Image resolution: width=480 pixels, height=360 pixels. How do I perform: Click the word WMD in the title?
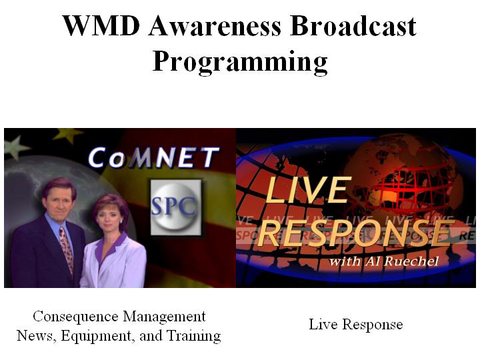(101, 26)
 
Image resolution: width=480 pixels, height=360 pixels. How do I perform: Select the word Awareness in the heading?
(215, 26)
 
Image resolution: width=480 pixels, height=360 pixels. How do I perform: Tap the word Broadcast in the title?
(353, 26)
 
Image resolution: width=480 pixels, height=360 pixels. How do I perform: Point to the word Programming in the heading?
(240, 62)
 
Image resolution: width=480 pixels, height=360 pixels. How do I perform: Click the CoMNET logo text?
(153, 157)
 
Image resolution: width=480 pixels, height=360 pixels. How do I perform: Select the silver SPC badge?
(176, 207)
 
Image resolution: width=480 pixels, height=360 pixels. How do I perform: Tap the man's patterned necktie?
(67, 248)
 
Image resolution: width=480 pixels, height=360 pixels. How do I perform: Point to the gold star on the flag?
(69, 134)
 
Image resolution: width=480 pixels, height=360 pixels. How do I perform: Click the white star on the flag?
(15, 147)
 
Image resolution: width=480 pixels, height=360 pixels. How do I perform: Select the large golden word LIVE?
(307, 190)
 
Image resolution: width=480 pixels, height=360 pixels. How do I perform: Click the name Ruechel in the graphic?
(411, 261)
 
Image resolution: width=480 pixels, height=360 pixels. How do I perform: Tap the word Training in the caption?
(193, 336)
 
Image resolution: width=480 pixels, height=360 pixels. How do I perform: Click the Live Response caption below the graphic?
(356, 325)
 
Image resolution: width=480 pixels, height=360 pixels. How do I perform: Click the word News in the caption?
(37, 336)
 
